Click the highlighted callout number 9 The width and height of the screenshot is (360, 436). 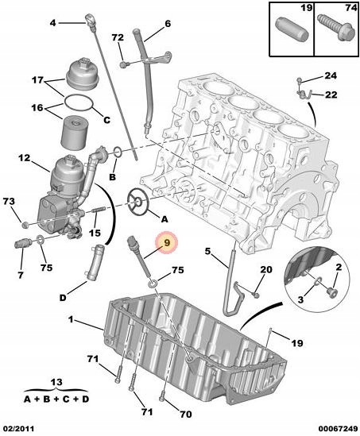[167, 243]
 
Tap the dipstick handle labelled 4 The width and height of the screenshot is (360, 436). [90, 19]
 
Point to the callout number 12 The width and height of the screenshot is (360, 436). [25, 158]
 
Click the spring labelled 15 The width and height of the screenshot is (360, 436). [98, 210]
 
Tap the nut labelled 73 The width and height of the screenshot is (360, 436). [25, 225]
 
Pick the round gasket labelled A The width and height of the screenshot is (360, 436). [138, 202]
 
